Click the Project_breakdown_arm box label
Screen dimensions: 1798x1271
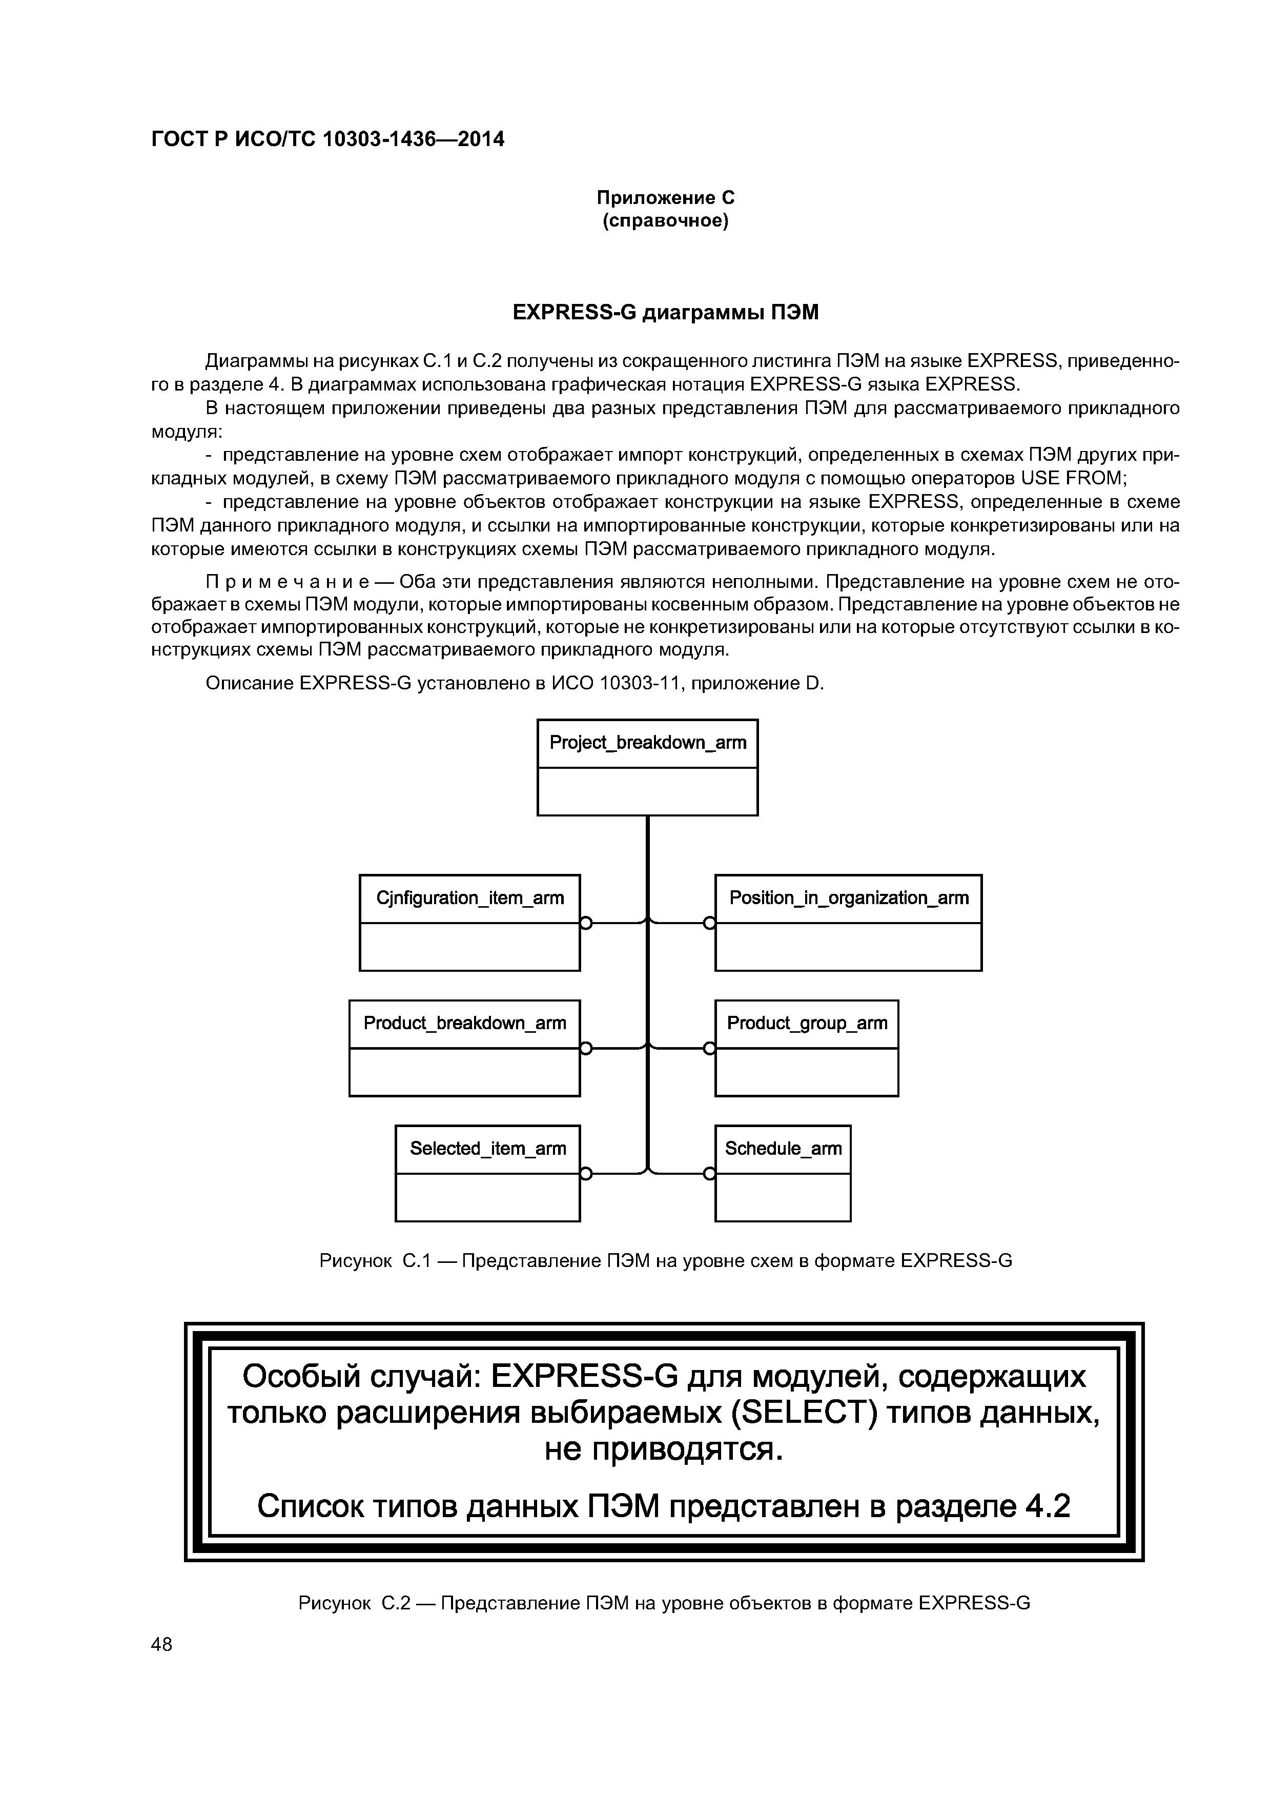(x=648, y=742)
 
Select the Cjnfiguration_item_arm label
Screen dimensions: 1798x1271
(x=470, y=897)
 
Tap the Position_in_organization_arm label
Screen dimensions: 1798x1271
(x=848, y=897)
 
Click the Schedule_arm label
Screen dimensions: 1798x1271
(x=783, y=1148)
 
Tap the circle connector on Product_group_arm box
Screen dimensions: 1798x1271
(x=709, y=1049)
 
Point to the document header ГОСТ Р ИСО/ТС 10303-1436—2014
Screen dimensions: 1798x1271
(x=327, y=139)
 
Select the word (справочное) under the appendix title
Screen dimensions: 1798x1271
(x=666, y=221)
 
